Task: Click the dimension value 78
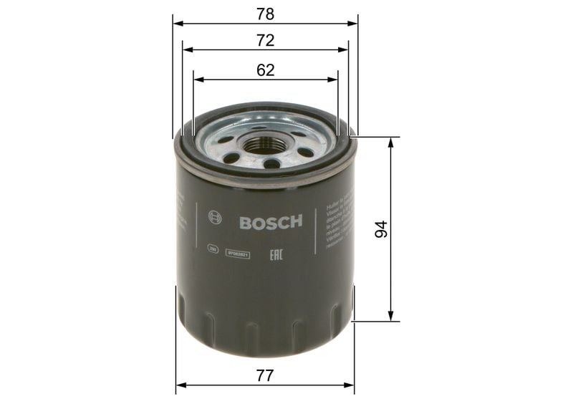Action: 265,14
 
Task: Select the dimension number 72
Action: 266,41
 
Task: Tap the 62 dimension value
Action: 266,69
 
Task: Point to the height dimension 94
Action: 382,229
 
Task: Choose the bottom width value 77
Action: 266,374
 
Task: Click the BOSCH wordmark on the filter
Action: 271,221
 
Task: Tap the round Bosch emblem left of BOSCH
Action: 211,218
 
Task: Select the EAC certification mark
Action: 274,252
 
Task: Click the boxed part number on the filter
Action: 238,253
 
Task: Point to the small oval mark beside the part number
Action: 212,249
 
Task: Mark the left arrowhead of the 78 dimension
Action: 177,24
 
